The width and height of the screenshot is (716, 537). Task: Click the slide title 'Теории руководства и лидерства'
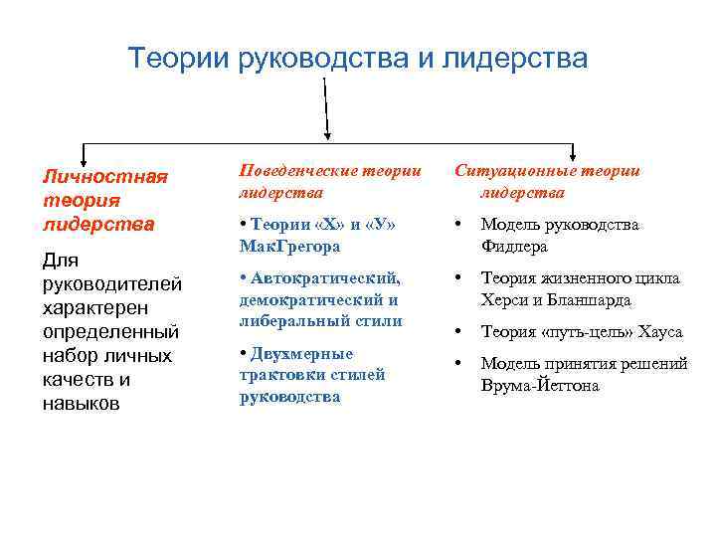click(358, 59)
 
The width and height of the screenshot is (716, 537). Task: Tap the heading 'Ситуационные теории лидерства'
click(548, 181)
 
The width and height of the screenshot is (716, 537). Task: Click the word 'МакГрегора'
click(289, 246)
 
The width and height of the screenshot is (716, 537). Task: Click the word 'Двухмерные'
click(301, 353)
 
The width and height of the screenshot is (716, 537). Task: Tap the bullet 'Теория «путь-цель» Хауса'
click(582, 332)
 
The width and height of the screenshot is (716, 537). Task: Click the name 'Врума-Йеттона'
click(540, 385)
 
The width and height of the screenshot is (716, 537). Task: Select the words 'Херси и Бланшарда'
click(556, 299)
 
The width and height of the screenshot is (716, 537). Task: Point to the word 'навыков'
click(81, 404)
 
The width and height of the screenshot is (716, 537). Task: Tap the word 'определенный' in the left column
click(109, 332)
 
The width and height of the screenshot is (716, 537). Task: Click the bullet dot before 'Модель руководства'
click(458, 225)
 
